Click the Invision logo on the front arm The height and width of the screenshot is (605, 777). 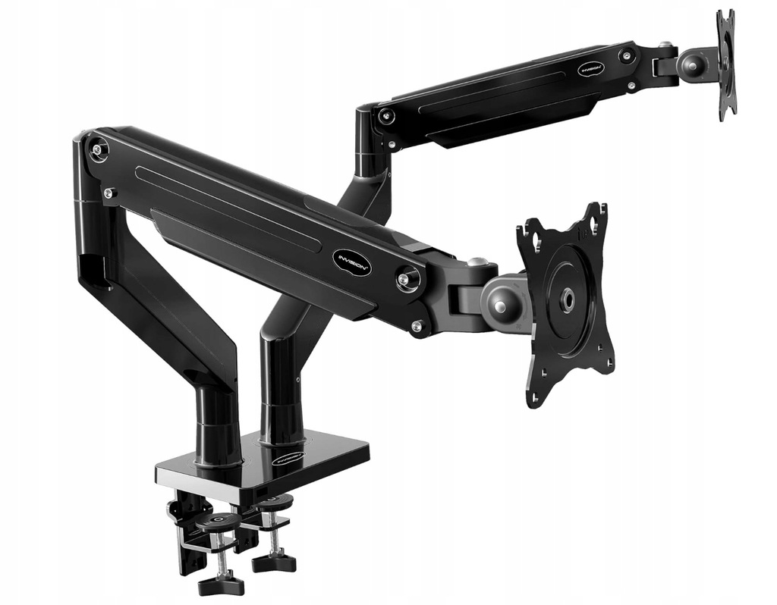352,261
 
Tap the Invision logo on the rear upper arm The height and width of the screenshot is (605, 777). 591,67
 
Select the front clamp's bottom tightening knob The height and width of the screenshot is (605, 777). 221,585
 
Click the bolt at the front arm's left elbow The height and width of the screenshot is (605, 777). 98,149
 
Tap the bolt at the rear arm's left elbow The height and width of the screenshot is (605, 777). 386,116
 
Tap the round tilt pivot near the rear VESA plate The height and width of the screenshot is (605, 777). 693,64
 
